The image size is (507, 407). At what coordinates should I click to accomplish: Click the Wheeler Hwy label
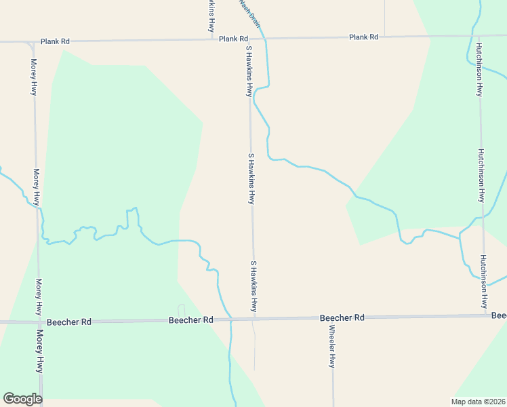click(x=332, y=347)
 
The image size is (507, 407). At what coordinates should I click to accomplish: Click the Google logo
click(x=22, y=399)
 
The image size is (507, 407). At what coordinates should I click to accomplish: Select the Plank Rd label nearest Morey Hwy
click(x=55, y=41)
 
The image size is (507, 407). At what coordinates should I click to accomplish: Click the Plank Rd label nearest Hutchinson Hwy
click(x=363, y=37)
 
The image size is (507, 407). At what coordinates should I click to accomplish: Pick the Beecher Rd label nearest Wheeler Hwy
click(x=342, y=317)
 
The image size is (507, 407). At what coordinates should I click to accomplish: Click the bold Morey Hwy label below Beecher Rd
click(x=39, y=351)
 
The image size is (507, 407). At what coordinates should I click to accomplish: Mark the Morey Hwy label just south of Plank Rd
click(x=33, y=77)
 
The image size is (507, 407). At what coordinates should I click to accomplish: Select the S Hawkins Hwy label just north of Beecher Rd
click(x=254, y=286)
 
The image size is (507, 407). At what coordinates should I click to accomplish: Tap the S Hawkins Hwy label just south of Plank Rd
click(x=249, y=71)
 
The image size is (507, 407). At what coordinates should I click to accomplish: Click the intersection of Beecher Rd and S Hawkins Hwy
click(x=254, y=318)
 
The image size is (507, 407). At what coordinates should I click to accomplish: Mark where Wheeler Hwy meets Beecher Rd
click(x=333, y=317)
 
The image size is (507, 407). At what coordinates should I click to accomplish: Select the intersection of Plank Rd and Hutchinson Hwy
click(x=479, y=35)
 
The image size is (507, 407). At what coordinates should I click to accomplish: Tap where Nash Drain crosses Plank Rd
click(x=265, y=39)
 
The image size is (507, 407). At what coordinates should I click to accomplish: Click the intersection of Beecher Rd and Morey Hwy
click(x=39, y=322)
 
